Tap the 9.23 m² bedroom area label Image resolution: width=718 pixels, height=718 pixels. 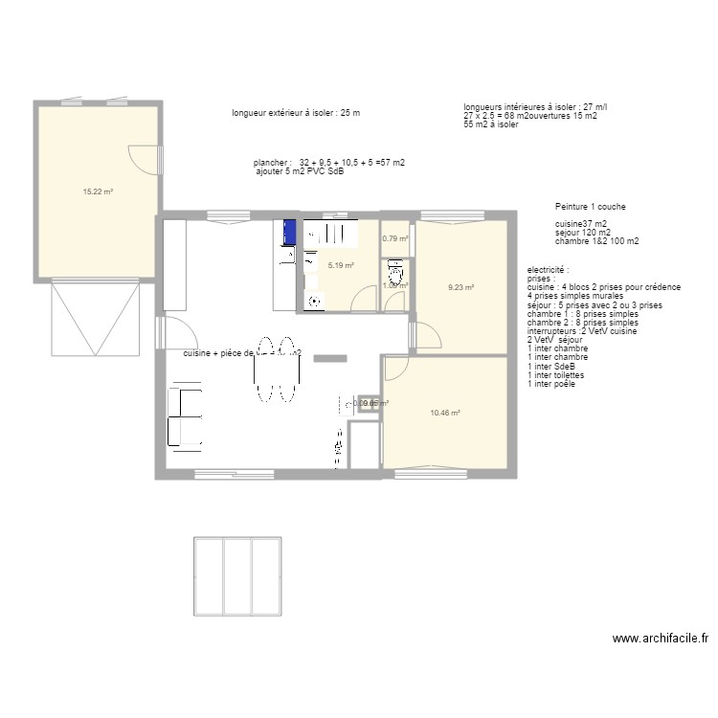461,286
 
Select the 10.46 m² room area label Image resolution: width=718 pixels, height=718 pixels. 445,414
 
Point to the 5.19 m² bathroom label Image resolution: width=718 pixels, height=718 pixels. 341,266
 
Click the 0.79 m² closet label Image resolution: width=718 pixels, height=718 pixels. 395,239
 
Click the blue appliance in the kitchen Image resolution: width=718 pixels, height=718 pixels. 287,232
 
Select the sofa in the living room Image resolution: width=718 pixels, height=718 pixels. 186,416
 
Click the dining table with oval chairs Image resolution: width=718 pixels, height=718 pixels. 276,369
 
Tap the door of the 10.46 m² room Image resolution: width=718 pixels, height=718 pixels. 397,368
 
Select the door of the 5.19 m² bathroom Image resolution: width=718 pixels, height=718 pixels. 364,300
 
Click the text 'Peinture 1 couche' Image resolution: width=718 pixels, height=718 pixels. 591,207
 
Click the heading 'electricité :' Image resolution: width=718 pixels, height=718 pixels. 548,271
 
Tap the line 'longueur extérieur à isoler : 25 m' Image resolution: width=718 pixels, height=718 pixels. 296,113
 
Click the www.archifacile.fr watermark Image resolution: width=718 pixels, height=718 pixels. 660,639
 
